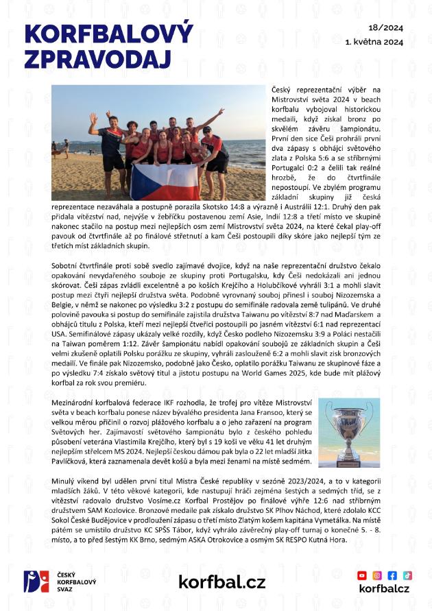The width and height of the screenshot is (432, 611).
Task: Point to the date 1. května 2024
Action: point(374,41)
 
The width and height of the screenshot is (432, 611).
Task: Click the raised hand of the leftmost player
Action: point(93,119)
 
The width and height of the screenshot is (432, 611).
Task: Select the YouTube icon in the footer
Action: point(362,575)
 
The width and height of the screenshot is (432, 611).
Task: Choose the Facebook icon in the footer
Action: point(392,575)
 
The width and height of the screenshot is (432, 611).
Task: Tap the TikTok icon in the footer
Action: point(407,575)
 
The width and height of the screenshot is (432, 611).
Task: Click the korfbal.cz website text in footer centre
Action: point(221,582)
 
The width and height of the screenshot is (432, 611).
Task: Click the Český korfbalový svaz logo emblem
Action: point(36,582)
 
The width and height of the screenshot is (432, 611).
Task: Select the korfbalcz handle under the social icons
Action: point(384,589)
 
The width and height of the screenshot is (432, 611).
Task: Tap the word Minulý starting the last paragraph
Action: point(66,482)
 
